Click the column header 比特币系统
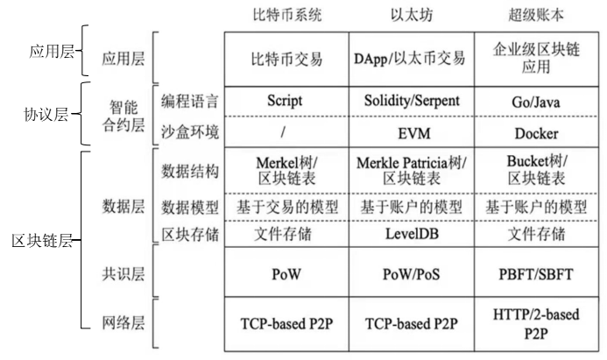(286, 15)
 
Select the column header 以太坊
(412, 15)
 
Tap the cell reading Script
(285, 101)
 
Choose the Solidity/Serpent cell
(412, 101)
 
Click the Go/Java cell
(535, 101)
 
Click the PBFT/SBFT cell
(535, 273)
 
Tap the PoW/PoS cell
(412, 273)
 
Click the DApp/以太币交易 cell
(412, 59)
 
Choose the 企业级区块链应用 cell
(535, 59)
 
